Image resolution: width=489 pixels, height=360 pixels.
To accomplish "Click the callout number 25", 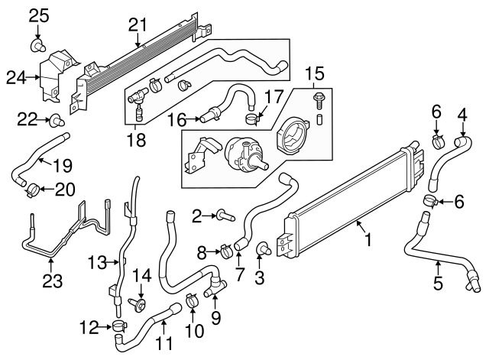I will tap(39, 15).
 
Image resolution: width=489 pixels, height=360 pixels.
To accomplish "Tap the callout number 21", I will tap(137, 26).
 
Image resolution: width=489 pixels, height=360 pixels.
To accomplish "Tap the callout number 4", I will tap(461, 115).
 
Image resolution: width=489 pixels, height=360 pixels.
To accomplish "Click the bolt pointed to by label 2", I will tap(224, 217).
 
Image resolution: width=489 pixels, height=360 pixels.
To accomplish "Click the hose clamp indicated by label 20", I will tap(34, 186).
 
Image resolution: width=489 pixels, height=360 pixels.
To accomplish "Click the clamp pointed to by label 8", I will tap(227, 249).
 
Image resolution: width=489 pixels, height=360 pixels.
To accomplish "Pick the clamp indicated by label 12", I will tap(118, 328).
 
